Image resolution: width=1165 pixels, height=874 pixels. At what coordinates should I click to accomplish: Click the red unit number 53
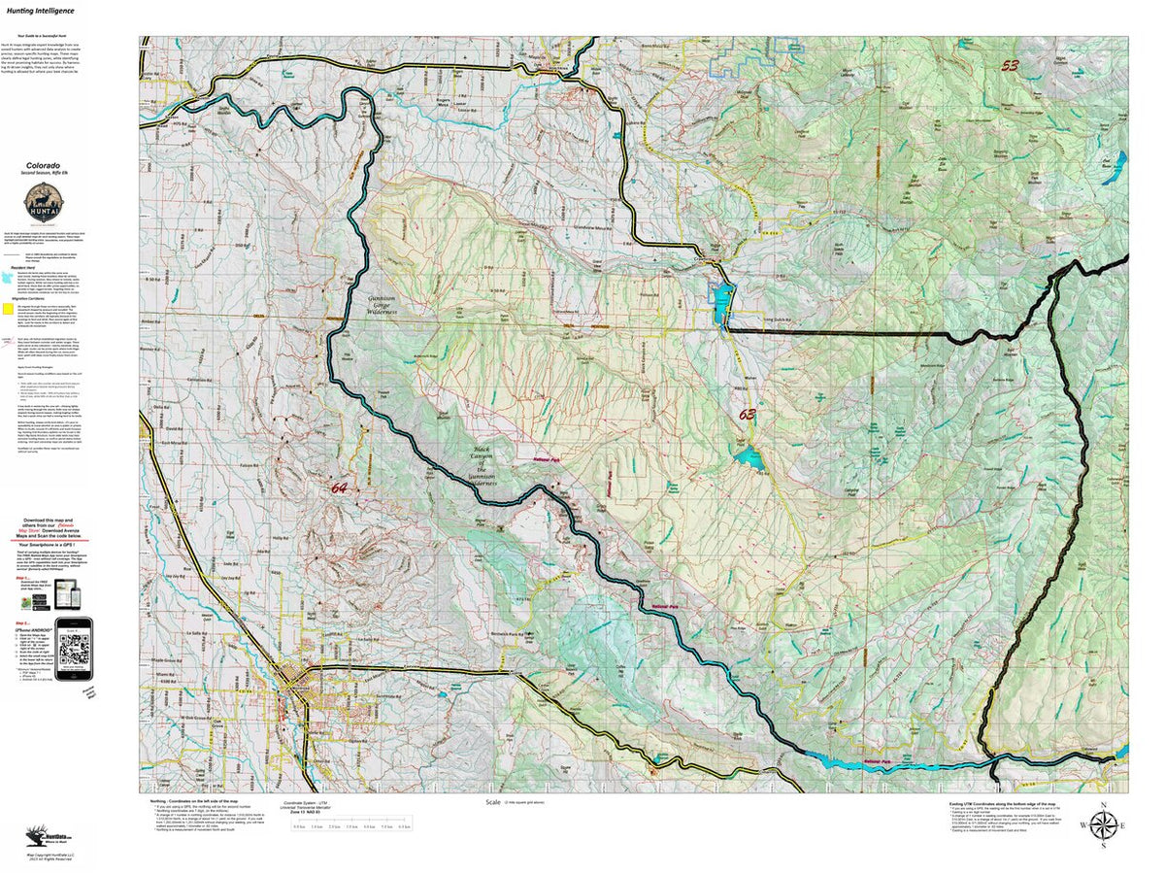1011,65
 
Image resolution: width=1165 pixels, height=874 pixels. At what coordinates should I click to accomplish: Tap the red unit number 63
747,415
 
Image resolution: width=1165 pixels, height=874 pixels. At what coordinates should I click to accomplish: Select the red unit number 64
339,487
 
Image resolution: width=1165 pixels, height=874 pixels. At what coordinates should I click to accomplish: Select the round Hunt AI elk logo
41,204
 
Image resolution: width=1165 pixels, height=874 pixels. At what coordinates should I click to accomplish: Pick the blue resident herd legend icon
8,276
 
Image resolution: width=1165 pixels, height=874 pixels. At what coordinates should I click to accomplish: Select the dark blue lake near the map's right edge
1118,160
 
